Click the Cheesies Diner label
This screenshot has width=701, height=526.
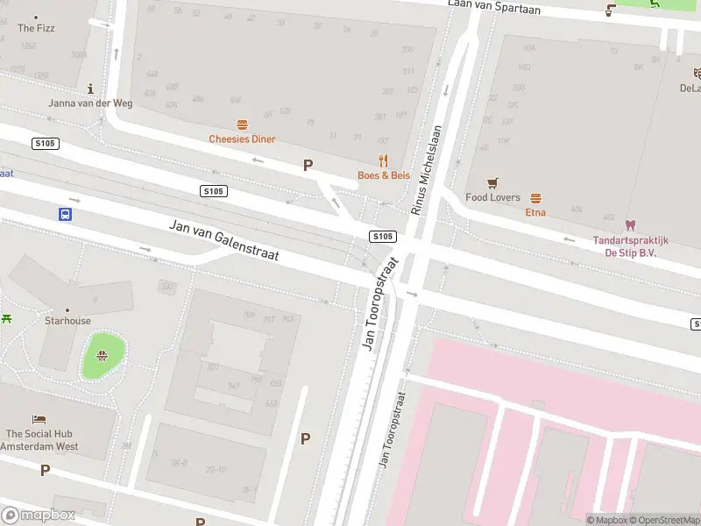coord(242,139)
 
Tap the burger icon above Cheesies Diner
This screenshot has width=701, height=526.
coord(242,124)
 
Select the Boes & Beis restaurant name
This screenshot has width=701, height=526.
coord(383,175)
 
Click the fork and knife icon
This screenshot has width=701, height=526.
coord(383,160)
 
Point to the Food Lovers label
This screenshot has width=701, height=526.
coord(492,198)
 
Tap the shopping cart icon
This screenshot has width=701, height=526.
coord(492,183)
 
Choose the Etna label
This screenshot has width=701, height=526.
coord(535,212)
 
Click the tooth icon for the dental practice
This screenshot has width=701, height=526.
coord(629,225)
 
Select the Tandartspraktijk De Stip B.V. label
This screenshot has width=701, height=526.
coord(630,246)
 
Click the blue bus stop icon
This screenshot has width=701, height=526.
coord(65,214)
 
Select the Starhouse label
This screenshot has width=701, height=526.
coord(67,321)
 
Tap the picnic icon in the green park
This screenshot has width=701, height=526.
coord(103,355)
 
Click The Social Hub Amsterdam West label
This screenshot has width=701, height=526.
coord(39,440)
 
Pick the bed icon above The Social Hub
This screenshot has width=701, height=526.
coord(39,420)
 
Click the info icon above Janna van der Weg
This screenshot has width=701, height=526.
coord(91,89)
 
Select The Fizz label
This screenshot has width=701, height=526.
coord(37,28)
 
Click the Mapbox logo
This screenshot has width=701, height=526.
coord(38,515)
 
